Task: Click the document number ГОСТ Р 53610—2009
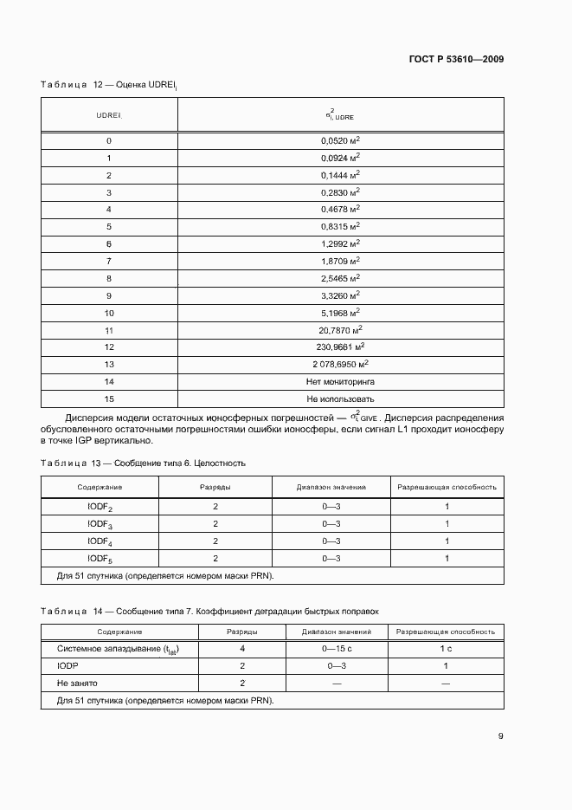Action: [455, 59]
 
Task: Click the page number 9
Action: [500, 736]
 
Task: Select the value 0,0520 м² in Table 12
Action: [341, 140]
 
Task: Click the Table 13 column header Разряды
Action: [215, 487]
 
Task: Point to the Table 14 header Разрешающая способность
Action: [446, 632]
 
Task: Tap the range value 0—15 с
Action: [337, 649]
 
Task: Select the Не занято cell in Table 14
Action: [76, 684]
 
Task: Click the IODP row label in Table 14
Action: [68, 666]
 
